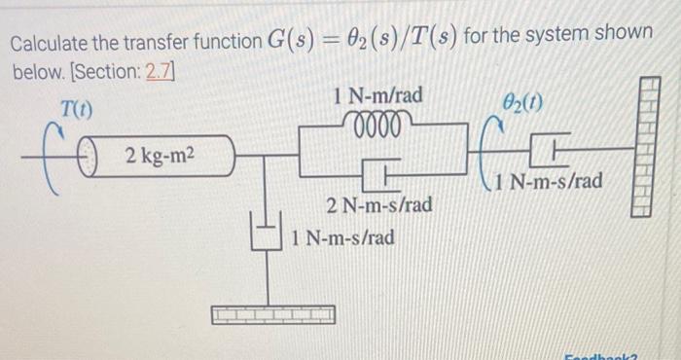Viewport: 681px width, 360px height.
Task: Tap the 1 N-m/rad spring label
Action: [377, 96]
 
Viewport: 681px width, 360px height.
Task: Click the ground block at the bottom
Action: [273, 314]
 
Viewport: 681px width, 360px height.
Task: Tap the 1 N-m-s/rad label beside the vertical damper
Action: [343, 236]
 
